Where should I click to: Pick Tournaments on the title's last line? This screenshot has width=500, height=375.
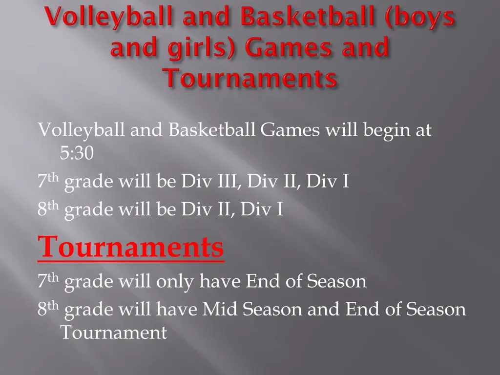point(250,78)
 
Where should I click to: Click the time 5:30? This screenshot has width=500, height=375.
point(77,153)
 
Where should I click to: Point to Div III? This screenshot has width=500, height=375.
point(210,182)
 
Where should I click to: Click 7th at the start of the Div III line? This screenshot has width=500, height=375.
point(48,182)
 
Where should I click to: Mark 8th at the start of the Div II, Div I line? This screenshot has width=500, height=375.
point(48,209)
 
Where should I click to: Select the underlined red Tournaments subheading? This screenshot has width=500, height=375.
point(131,247)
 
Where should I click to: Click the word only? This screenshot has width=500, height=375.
point(175,281)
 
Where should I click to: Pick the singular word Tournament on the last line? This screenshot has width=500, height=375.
point(113,333)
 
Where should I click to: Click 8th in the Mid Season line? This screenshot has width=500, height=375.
point(48,309)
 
